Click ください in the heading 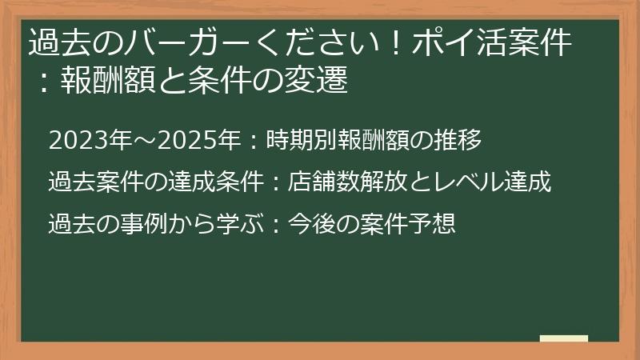tap(304, 42)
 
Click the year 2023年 tap(89, 142)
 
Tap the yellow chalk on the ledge tap(563, 338)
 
